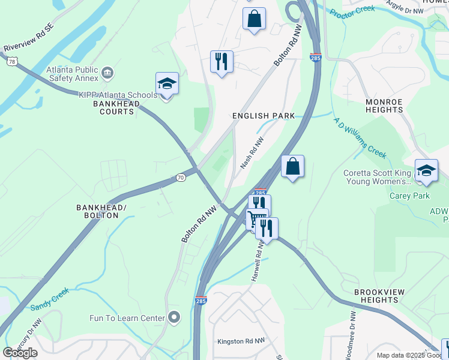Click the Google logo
pos(20,353)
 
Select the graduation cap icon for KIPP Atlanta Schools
pos(167,84)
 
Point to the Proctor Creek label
pos(352,11)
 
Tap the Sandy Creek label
pos(50,298)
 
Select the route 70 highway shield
pos(181,178)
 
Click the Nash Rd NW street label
pos(252,152)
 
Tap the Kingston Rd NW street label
pos(241,341)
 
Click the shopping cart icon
pos(256,218)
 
